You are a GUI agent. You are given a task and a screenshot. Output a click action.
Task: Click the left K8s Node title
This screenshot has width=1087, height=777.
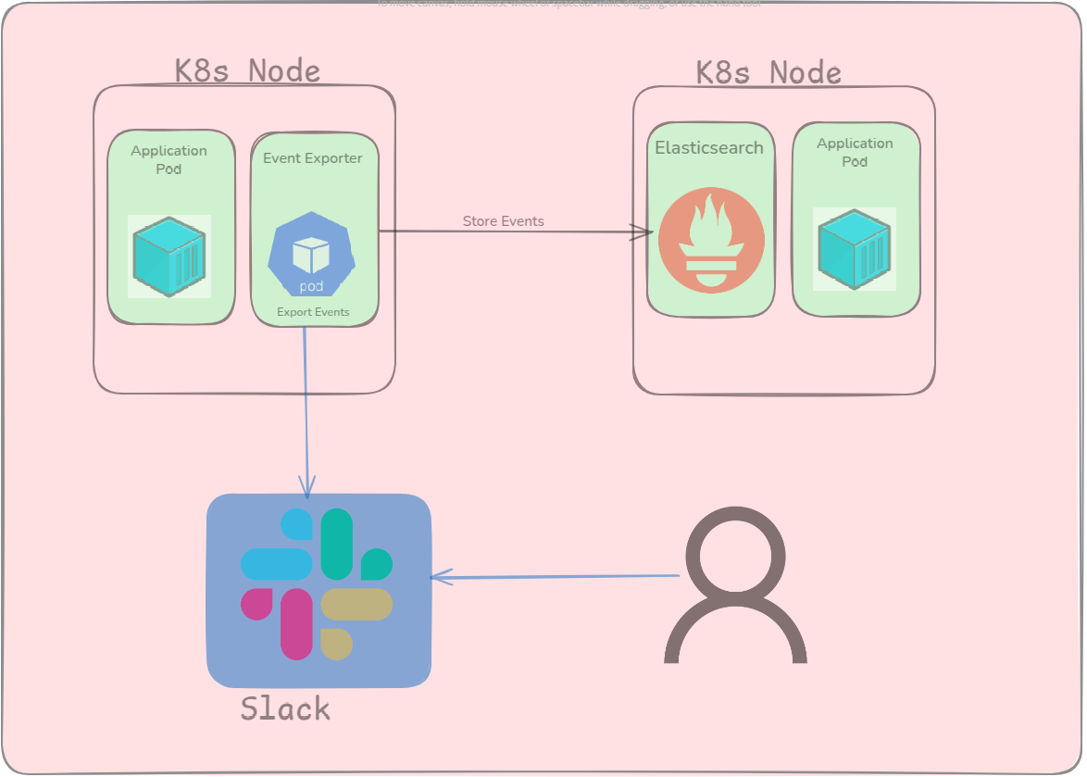click(x=247, y=71)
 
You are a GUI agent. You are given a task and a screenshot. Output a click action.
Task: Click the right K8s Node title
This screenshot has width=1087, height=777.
click(x=768, y=73)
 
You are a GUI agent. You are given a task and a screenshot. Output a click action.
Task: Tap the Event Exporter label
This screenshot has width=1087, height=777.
click(x=313, y=158)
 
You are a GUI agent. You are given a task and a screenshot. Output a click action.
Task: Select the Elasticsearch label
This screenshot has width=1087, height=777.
click(x=709, y=147)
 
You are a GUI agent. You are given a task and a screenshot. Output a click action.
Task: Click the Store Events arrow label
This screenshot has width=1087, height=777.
click(x=503, y=221)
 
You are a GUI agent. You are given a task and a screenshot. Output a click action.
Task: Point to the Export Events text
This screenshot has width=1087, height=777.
click(x=313, y=312)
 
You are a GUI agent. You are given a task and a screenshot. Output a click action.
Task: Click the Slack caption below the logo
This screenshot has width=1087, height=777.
click(x=285, y=708)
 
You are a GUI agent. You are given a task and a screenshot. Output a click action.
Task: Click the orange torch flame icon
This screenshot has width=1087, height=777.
click(x=711, y=240)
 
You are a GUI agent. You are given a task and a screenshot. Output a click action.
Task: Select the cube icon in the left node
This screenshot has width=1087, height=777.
click(x=169, y=257)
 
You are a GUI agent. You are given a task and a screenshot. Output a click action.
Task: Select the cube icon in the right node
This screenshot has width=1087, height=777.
click(x=855, y=249)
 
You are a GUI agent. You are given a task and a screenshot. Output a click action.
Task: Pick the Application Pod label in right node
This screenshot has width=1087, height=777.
click(x=855, y=152)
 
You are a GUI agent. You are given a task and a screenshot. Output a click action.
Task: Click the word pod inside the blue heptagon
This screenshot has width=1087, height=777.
click(x=311, y=286)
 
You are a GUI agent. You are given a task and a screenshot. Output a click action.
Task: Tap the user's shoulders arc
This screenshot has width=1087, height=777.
click(x=736, y=630)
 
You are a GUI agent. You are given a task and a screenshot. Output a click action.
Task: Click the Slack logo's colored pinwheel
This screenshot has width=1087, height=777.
click(x=317, y=584)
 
